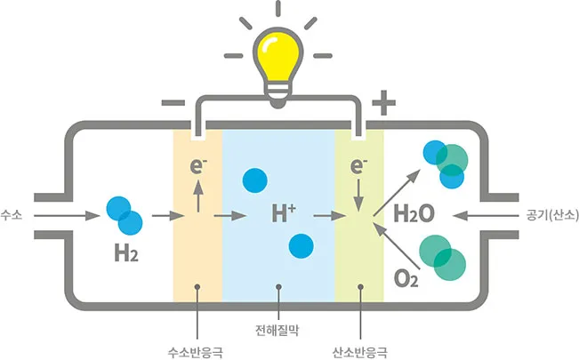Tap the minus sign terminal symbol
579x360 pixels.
(172, 104)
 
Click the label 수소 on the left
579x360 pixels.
(12, 215)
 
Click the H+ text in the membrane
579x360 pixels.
(284, 214)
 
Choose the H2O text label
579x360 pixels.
(414, 214)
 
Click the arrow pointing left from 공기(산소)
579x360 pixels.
(485, 215)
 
